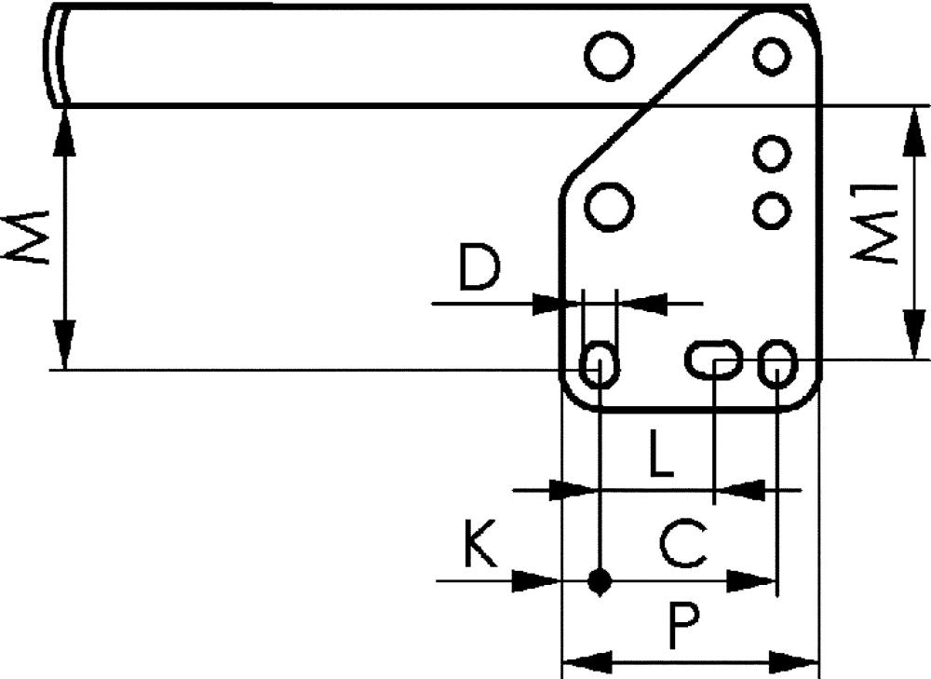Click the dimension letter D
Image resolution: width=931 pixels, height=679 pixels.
479,268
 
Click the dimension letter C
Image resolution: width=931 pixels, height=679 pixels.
683,544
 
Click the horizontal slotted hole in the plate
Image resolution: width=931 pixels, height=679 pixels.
715,359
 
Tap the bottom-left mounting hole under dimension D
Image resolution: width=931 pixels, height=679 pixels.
599,362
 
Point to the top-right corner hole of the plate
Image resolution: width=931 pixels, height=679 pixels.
772,56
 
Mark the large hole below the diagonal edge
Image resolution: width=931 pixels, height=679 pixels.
610,203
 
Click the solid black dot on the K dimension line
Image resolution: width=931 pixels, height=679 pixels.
600,583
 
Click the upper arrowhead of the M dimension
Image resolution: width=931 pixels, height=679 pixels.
64,130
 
